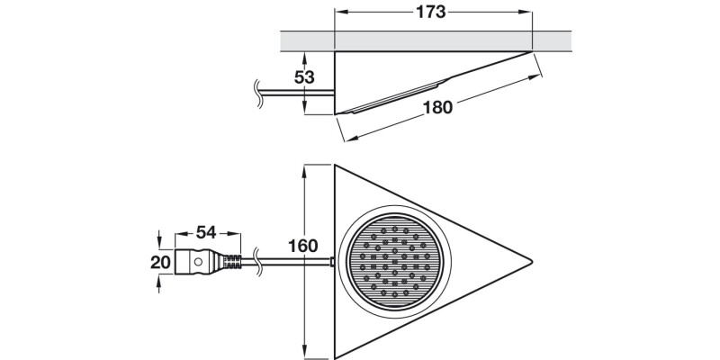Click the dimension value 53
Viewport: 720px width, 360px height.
[304, 77]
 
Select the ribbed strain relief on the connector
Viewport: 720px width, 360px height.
[232, 263]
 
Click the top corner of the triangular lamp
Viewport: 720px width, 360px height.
[336, 166]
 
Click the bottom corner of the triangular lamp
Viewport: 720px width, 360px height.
[336, 356]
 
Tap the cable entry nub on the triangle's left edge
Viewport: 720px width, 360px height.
[333, 263]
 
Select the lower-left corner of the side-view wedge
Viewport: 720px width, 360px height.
[336, 114]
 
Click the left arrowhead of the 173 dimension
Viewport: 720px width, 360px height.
[339, 13]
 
